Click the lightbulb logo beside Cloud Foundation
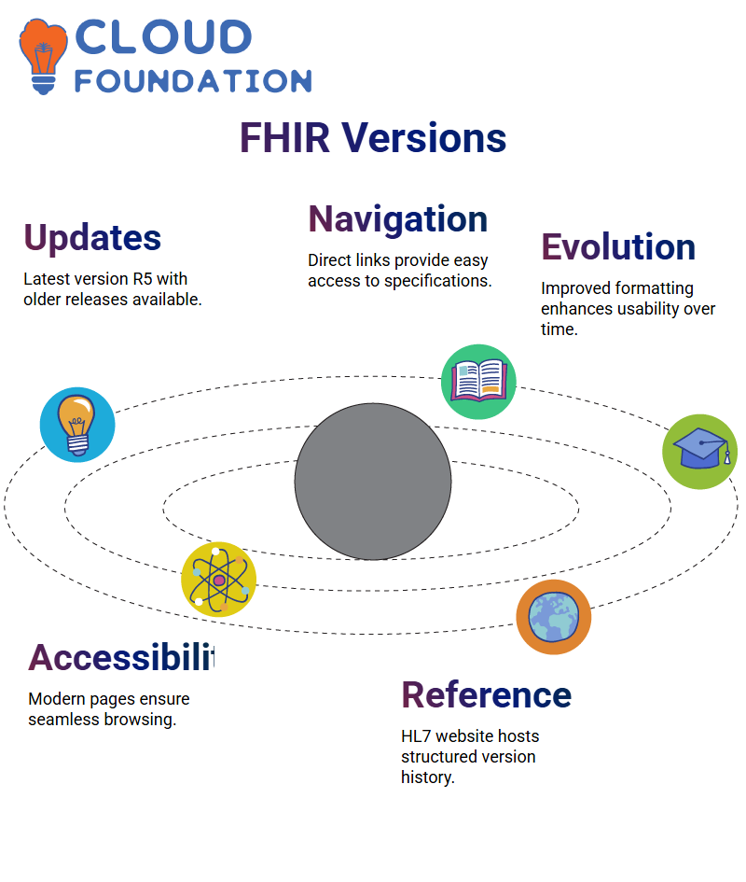click(43, 56)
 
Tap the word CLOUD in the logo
click(163, 37)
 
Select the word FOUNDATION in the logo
click(193, 81)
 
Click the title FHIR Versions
click(373, 138)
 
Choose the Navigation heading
click(397, 219)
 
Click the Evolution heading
click(618, 247)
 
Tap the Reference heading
click(486, 695)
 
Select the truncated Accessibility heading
click(121, 658)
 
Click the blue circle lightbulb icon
click(77, 425)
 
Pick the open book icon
click(478, 382)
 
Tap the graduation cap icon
click(700, 452)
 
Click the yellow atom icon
click(219, 580)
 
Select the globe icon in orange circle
click(554, 617)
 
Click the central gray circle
click(373, 482)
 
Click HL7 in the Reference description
click(416, 736)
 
